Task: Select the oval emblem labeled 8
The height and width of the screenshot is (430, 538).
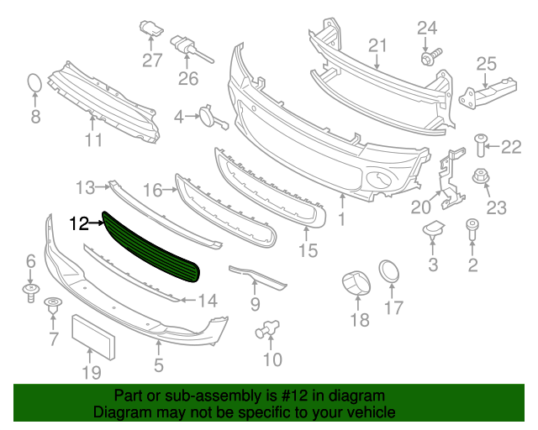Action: (34, 84)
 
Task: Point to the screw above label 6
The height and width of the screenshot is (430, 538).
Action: (30, 291)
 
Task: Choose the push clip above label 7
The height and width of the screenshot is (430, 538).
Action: (54, 307)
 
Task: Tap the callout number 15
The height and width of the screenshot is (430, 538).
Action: (309, 250)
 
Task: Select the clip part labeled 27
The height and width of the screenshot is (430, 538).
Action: (150, 31)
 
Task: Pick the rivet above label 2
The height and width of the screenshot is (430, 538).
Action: (472, 229)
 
